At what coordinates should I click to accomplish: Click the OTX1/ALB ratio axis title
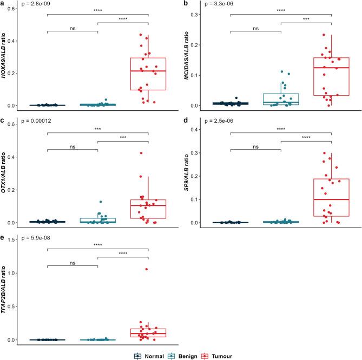click(5, 176)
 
